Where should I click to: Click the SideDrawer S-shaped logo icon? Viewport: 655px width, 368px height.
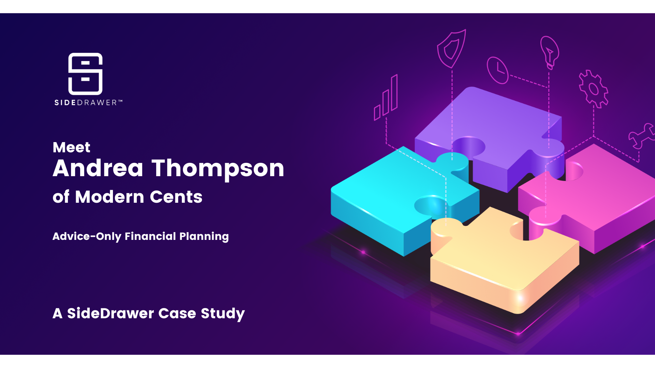[x=85, y=74]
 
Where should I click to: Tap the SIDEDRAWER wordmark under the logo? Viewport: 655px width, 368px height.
[x=88, y=103]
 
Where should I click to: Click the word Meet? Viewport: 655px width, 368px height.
[x=71, y=147]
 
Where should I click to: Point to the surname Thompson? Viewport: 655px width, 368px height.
[x=218, y=169]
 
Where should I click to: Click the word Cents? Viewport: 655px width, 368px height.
[x=176, y=197]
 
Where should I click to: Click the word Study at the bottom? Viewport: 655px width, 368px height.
[x=222, y=314]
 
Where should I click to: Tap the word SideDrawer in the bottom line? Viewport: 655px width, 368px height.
[x=111, y=313]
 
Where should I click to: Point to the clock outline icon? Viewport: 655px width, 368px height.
[x=497, y=70]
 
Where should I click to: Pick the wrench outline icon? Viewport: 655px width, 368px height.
[x=641, y=136]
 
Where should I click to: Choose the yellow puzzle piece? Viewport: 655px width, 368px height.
[x=501, y=262]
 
